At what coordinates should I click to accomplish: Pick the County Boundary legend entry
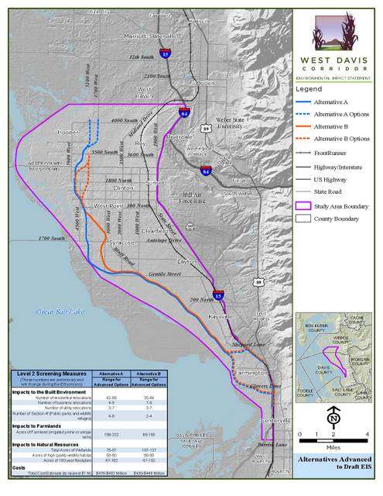click(335, 219)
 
